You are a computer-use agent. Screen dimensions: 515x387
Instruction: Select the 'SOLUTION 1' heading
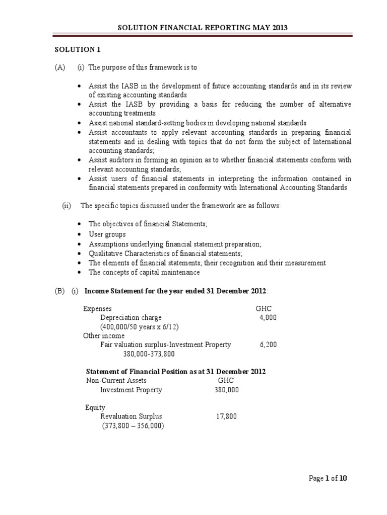coord(75,50)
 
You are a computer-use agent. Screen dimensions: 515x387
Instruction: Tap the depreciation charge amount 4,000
coord(268,318)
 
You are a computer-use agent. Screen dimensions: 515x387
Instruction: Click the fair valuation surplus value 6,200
coord(268,345)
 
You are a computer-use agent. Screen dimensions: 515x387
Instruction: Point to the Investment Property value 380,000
coord(226,390)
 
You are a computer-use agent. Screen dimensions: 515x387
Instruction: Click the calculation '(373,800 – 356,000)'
coord(133,425)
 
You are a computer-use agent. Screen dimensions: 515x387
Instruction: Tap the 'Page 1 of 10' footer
coord(328,478)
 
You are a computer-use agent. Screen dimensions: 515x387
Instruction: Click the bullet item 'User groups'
coord(107,235)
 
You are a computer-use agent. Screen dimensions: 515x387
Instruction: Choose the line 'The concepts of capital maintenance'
coord(144,272)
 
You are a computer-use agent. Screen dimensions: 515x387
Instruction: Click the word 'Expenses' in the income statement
coord(98,309)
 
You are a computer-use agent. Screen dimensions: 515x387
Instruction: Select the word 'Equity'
coord(95,407)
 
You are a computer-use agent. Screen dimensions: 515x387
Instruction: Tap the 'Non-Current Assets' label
coord(116,381)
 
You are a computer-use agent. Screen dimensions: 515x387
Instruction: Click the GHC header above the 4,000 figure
coord(264,309)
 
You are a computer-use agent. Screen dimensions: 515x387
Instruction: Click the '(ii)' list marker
coord(66,205)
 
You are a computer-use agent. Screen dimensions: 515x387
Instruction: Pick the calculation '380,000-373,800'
coord(149,354)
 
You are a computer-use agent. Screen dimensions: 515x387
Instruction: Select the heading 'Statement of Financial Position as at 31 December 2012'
coord(177,371)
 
